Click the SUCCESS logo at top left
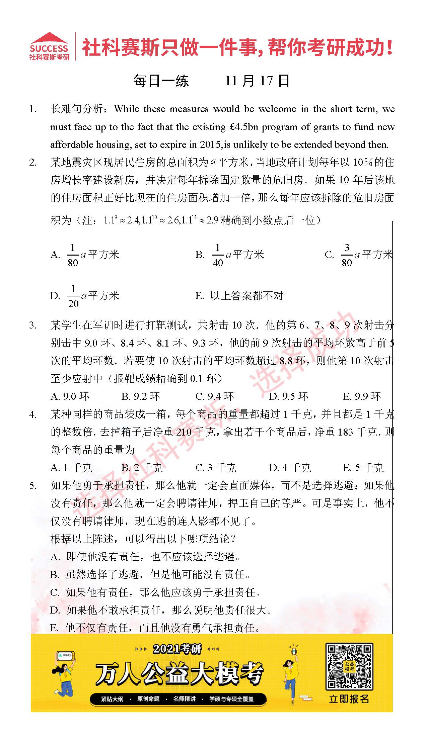click(x=49, y=46)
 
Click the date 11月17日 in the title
click(x=257, y=81)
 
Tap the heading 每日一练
click(x=161, y=81)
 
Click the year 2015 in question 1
click(x=211, y=145)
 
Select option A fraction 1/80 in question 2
click(x=73, y=255)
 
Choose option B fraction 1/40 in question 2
click(x=218, y=255)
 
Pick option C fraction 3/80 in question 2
click(x=347, y=255)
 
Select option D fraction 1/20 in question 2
click(x=73, y=296)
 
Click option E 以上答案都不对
click(x=240, y=296)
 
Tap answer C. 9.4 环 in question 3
click(x=215, y=397)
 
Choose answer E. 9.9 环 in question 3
click(x=362, y=397)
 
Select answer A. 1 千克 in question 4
click(x=71, y=468)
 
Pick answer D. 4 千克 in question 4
click(x=290, y=468)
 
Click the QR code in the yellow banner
click(x=349, y=666)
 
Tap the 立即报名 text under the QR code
click(x=349, y=699)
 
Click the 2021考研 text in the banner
click(x=177, y=649)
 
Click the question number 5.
click(x=33, y=486)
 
